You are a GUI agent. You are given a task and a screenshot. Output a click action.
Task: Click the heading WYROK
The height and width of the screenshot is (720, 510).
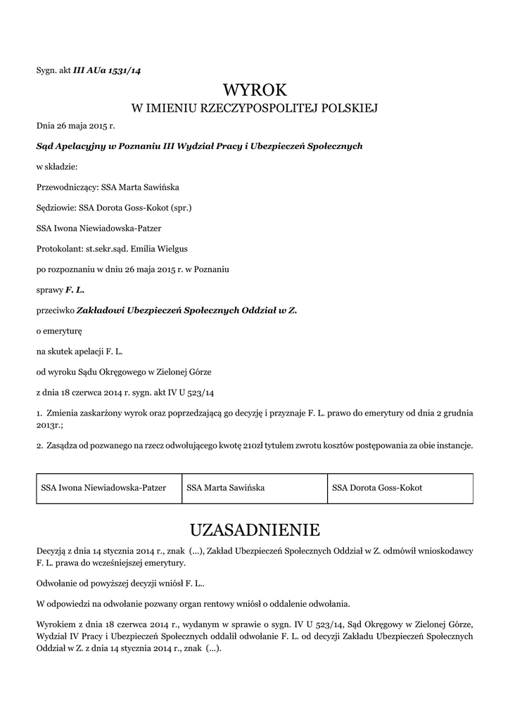point(255,90)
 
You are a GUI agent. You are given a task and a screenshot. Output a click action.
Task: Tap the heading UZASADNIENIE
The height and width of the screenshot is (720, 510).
point(255,529)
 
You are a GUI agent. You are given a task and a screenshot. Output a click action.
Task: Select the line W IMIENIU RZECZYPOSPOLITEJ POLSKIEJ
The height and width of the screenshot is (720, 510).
point(255,108)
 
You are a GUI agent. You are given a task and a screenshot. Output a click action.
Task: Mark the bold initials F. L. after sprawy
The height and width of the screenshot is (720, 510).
point(75,289)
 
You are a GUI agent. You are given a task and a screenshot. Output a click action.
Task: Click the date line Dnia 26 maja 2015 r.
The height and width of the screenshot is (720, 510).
point(75,127)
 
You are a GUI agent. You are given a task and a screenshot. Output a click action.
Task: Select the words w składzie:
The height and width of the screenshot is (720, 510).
point(57,167)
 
